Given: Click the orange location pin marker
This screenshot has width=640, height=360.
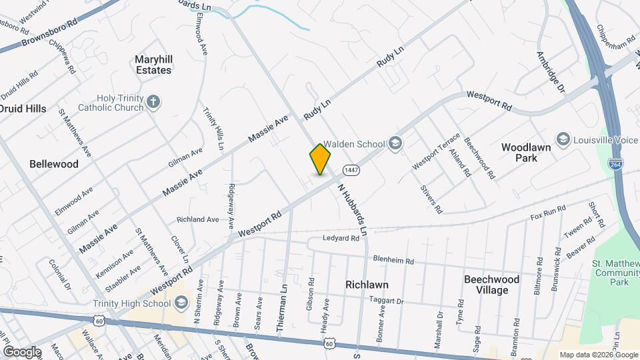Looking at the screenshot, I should point(321,159).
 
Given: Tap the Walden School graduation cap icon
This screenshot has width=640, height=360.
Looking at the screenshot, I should point(395,143).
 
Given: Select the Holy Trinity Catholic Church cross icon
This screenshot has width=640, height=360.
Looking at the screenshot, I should point(153,102).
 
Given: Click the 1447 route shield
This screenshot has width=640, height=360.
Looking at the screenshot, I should point(351,170).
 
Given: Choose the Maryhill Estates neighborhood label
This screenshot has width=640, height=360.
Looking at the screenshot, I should point(153,64).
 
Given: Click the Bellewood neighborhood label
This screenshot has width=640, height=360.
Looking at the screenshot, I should point(54,163).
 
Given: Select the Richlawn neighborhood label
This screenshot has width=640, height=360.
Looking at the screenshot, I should point(367,285).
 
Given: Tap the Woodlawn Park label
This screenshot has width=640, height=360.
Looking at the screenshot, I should point(526,153).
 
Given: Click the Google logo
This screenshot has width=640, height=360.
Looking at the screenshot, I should point(22,351).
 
